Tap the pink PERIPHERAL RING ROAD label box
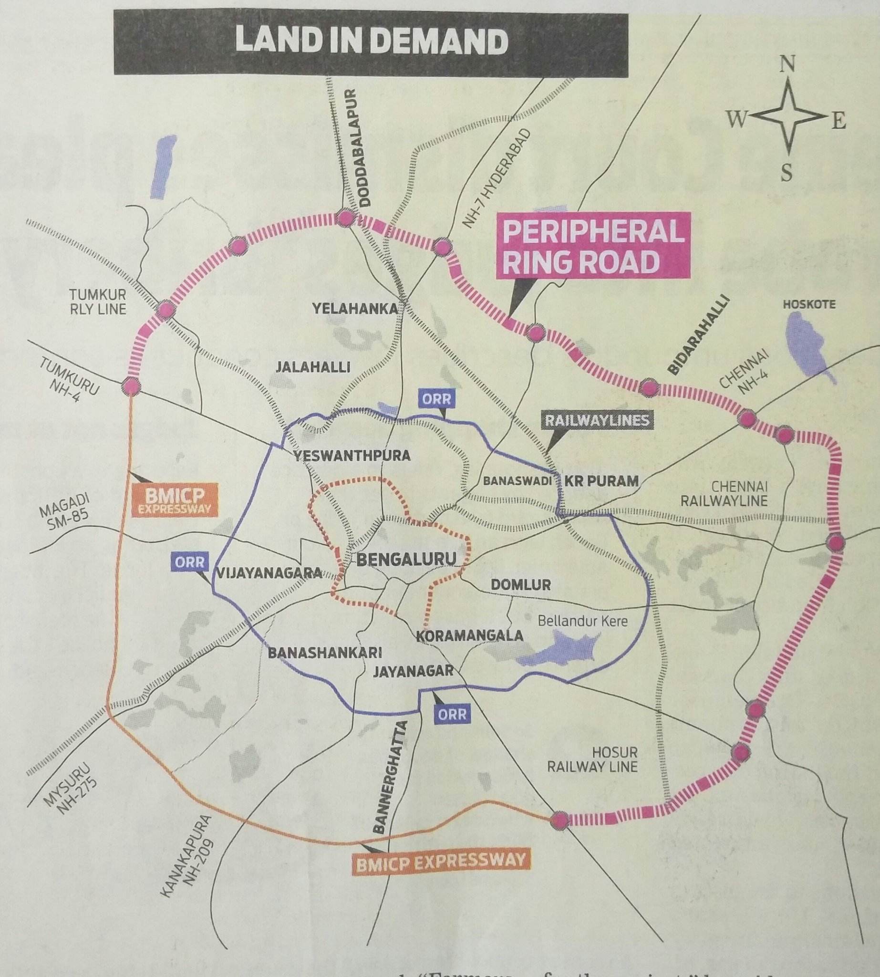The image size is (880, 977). tap(593, 246)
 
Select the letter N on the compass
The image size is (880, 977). tap(787, 63)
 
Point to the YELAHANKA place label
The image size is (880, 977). tap(354, 309)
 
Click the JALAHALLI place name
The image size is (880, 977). tap(313, 367)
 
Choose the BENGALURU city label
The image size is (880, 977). tap(406, 559)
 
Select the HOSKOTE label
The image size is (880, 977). tap(809, 304)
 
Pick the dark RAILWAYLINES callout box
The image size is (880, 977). tap(597, 420)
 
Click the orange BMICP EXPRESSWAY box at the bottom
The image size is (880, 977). tap(439, 859)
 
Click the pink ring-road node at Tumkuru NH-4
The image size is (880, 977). tap(131, 386)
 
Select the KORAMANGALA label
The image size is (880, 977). tap(469, 635)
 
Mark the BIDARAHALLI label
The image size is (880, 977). tap(697, 335)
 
